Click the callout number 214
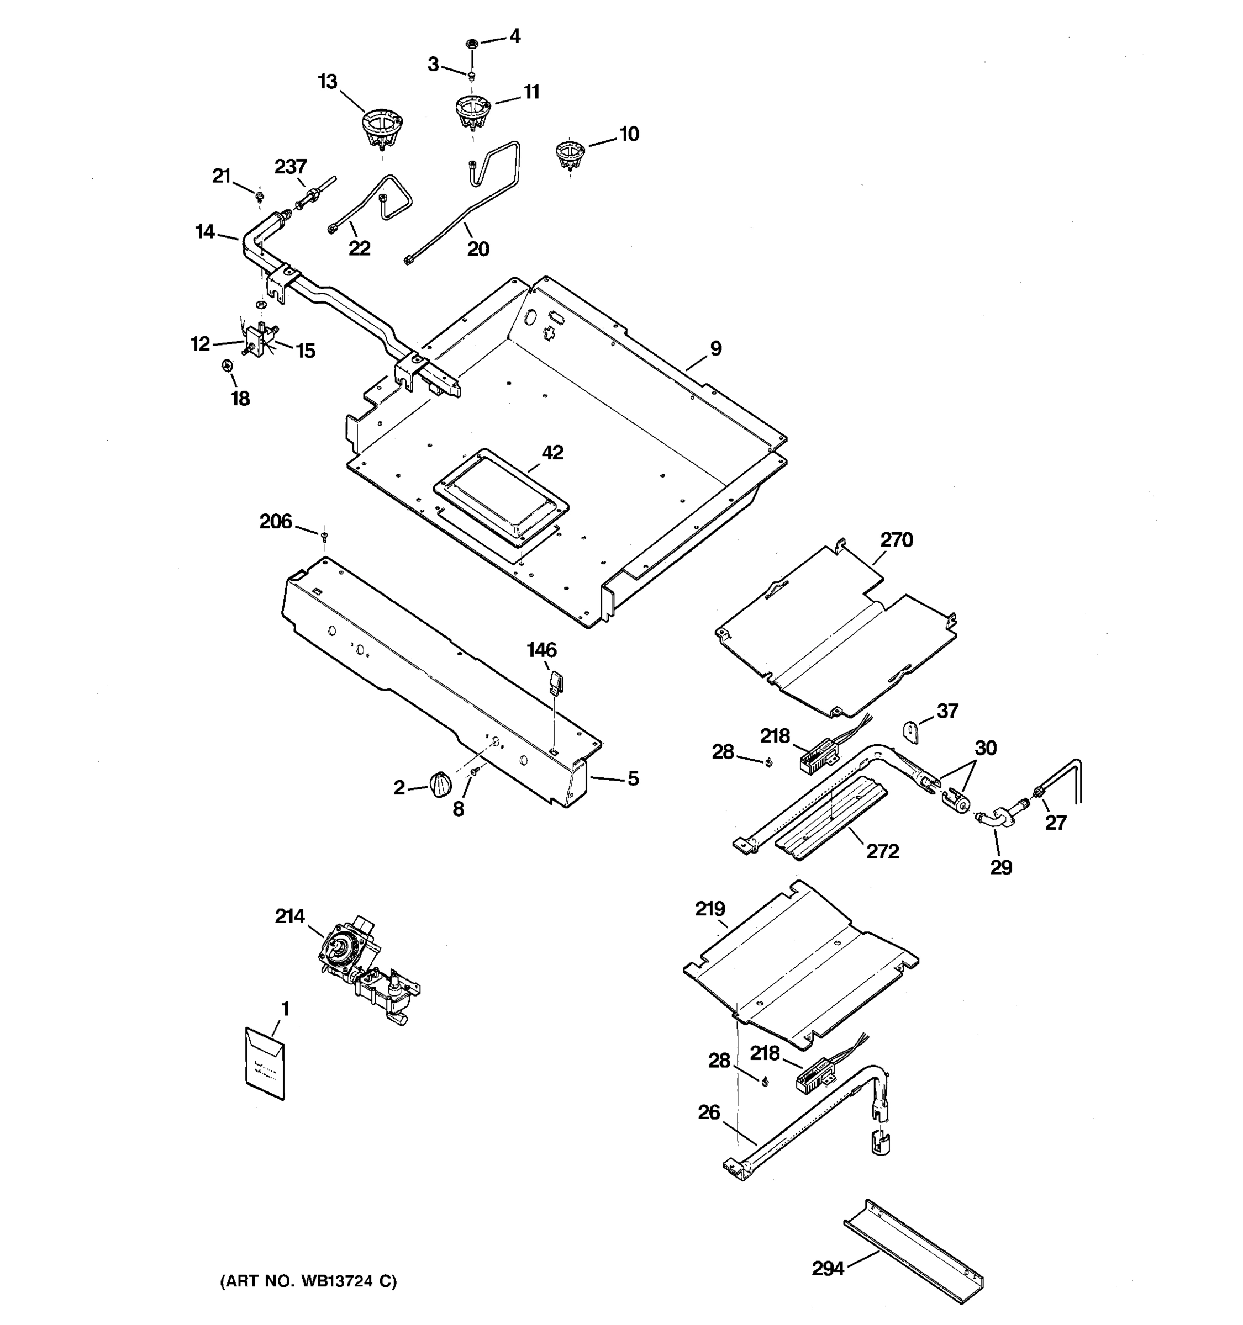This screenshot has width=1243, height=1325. pyautogui.click(x=289, y=916)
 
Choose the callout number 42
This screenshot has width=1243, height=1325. pyautogui.click(x=552, y=453)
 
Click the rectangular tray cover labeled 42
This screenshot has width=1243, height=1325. pyautogui.click(x=502, y=496)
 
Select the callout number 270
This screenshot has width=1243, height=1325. pyautogui.click(x=896, y=539)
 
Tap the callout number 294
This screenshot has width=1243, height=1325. pyautogui.click(x=828, y=1268)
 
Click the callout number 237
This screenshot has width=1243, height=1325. pyautogui.click(x=291, y=167)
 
